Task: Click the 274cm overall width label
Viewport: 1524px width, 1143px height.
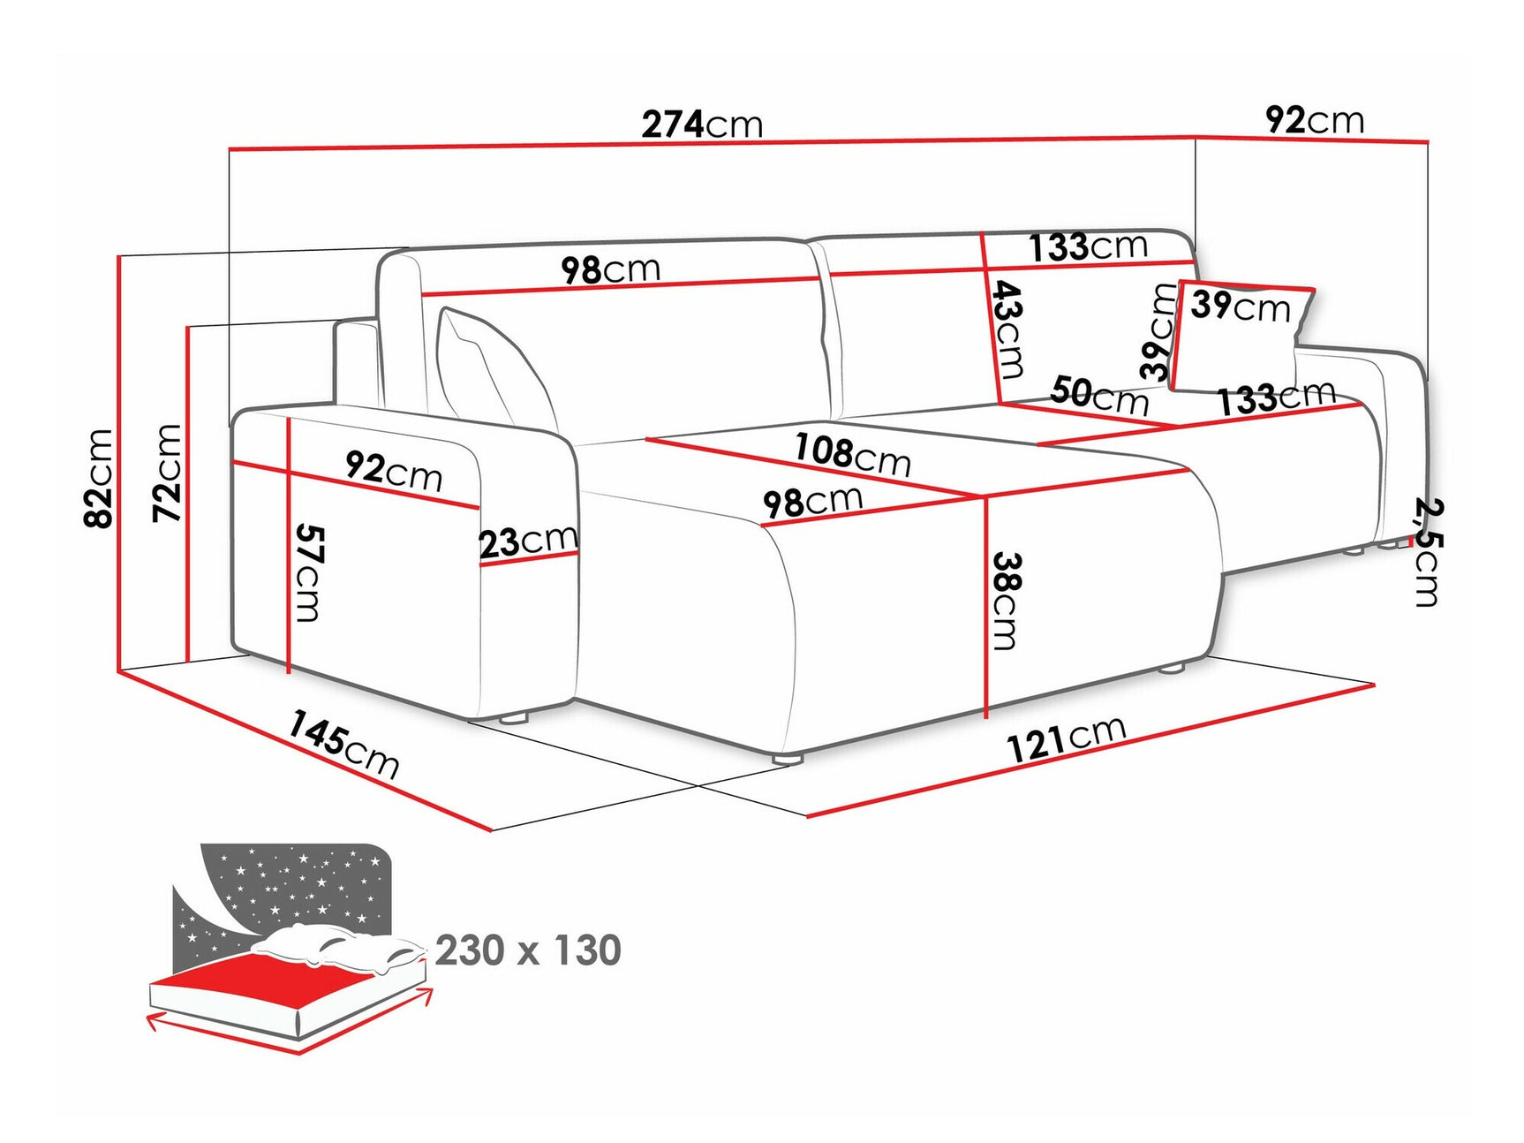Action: pyautogui.click(x=702, y=125)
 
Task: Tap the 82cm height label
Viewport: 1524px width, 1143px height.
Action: pyautogui.click(x=99, y=478)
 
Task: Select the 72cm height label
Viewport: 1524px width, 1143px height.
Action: pyautogui.click(x=168, y=473)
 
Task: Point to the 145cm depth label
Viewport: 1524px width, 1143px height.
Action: pyautogui.click(x=343, y=745)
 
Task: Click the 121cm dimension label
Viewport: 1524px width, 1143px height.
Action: pyautogui.click(x=1066, y=738)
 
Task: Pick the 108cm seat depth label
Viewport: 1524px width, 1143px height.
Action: pyautogui.click(x=851, y=454)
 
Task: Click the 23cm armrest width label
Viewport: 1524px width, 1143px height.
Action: pyautogui.click(x=528, y=541)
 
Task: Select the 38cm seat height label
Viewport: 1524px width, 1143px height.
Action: pyautogui.click(x=1006, y=601)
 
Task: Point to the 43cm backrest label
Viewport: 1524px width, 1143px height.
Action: pyautogui.click(x=1007, y=329)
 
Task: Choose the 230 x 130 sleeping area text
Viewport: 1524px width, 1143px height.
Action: pyautogui.click(x=528, y=950)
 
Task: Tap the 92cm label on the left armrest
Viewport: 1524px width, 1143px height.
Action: pyautogui.click(x=393, y=470)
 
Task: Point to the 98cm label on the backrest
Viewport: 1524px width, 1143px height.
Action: pyautogui.click(x=611, y=269)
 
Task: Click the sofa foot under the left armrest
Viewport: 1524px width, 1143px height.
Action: pyautogui.click(x=512, y=717)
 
